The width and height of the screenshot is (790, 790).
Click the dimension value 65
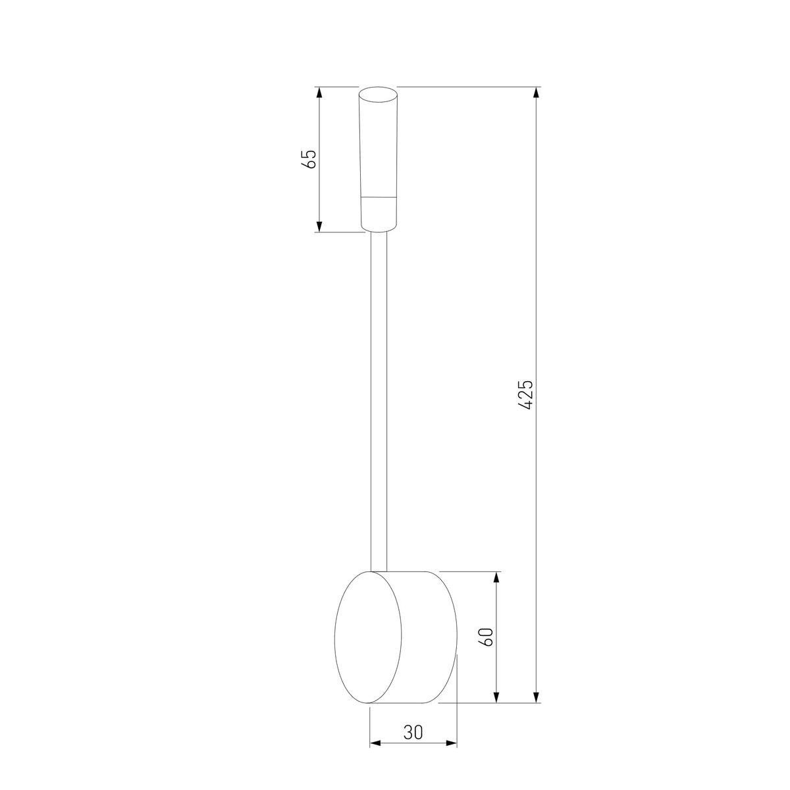point(309,159)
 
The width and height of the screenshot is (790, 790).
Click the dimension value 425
point(526,394)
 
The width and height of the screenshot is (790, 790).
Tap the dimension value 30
point(413,732)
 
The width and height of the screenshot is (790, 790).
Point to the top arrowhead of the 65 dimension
point(319,93)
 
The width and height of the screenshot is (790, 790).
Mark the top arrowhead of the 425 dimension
point(537,93)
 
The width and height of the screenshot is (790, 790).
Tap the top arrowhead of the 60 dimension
point(497,577)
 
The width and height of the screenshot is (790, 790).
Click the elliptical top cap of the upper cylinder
point(379,95)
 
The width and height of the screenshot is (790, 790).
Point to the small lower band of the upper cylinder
point(379,213)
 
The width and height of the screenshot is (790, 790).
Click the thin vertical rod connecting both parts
point(379,395)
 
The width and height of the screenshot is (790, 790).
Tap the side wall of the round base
point(428,637)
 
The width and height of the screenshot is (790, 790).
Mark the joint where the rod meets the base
point(379,570)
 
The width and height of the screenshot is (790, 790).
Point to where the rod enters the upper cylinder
point(379,232)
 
